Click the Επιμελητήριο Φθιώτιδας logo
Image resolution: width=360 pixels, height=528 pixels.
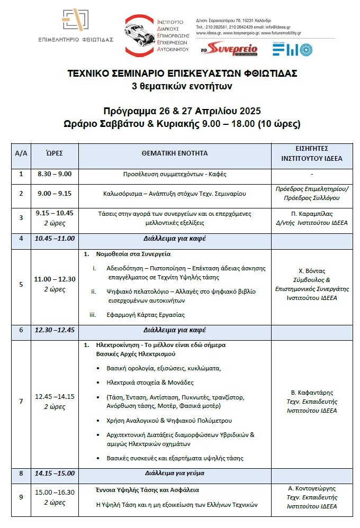point(76,26)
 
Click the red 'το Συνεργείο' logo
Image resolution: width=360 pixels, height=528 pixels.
point(229,49)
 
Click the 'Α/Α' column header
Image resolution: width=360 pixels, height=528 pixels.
point(21,153)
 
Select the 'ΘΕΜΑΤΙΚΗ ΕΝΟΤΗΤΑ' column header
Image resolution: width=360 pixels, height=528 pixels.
point(175,153)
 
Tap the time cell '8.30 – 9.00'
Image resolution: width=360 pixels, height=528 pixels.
point(55,174)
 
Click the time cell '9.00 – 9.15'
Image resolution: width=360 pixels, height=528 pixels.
point(55,194)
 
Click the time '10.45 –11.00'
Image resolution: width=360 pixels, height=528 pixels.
point(55,239)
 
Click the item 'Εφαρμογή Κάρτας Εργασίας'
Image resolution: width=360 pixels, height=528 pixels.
point(146,315)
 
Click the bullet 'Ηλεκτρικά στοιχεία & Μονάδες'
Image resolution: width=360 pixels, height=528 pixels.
point(150,382)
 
